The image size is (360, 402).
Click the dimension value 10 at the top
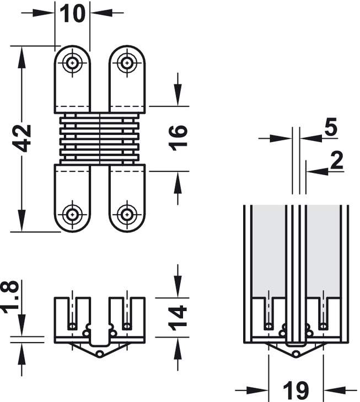(73, 13)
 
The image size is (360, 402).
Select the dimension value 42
(23, 138)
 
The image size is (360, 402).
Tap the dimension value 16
(178, 138)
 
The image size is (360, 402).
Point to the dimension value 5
(330, 127)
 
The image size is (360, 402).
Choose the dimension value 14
(178, 318)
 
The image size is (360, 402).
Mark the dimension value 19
(295, 390)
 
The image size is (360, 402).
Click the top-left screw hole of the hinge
(72, 63)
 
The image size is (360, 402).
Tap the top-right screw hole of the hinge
(127, 63)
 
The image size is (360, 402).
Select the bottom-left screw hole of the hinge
(72, 213)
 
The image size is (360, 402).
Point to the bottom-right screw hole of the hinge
(127, 213)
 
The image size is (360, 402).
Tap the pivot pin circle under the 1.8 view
(100, 352)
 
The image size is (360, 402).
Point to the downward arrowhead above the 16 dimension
(178, 98)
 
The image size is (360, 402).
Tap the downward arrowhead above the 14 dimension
(178, 289)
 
